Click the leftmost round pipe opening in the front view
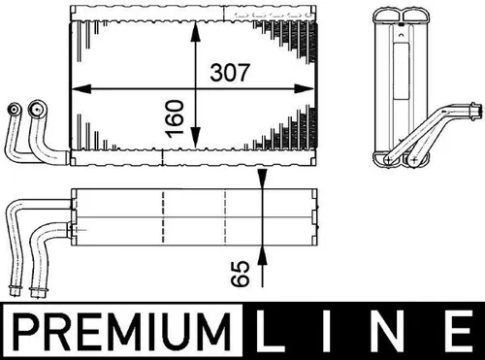pos(16,109)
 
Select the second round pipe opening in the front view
pos(39,109)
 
